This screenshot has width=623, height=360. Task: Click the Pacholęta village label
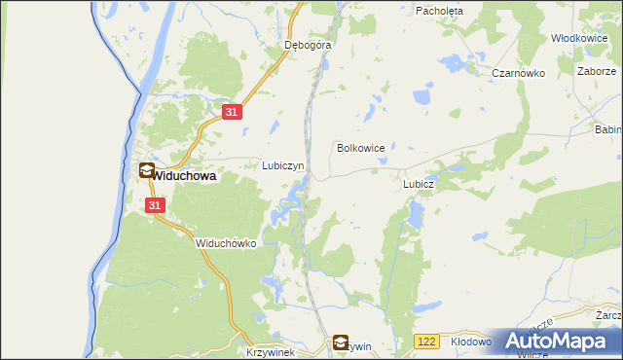coord(440,11)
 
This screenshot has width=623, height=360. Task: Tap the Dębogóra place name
coord(308,45)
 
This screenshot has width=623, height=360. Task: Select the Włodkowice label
coord(579,38)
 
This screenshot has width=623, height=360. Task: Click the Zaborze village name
coord(596,72)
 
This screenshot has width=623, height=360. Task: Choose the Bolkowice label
coord(360,148)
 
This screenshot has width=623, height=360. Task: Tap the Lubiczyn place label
coord(283,165)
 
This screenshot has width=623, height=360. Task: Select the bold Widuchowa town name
coord(184,177)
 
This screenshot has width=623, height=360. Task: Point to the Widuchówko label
coord(225,243)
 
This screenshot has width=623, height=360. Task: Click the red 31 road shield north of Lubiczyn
coord(231,113)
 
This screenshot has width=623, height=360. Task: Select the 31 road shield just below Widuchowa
coord(156,205)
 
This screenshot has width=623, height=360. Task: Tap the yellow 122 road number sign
coord(424,342)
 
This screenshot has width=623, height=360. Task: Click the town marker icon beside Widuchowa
coord(146,171)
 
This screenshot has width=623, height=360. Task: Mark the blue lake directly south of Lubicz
coord(417,213)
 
